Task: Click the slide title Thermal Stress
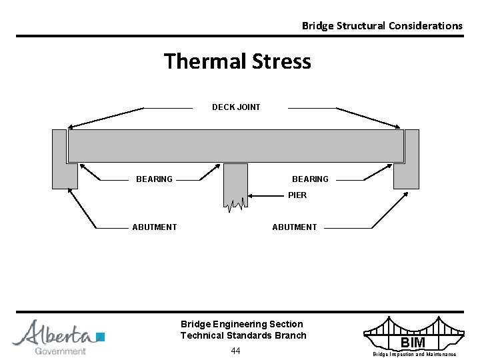(x=237, y=61)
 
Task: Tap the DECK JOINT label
(x=236, y=107)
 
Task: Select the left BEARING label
(x=154, y=179)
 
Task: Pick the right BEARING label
(x=310, y=179)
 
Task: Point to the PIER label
(x=297, y=195)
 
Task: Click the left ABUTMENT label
(x=155, y=227)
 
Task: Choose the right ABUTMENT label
(x=295, y=227)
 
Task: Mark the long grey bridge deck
(x=236, y=145)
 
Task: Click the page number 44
(x=235, y=351)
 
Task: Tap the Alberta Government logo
(x=59, y=337)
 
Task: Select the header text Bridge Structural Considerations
(x=382, y=26)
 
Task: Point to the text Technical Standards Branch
(x=243, y=335)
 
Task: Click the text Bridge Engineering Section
(x=241, y=324)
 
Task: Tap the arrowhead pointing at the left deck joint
(x=71, y=127)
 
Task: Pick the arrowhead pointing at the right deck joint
(x=400, y=127)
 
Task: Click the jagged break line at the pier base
(x=235, y=205)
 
